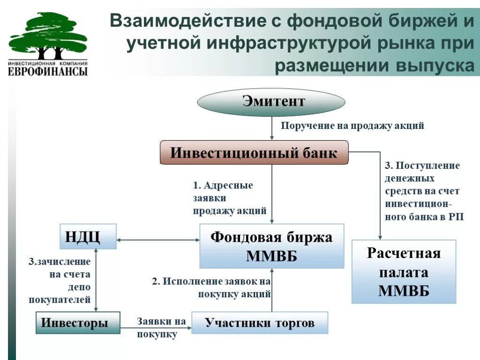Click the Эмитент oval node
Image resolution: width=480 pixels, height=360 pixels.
(271, 102)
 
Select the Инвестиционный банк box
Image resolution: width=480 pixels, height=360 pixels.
(254, 153)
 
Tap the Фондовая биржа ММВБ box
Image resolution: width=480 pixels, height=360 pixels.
(271, 246)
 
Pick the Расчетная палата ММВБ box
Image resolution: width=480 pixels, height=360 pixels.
(404, 272)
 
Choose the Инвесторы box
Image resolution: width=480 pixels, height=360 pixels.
(78, 322)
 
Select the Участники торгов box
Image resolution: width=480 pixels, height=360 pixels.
(260, 322)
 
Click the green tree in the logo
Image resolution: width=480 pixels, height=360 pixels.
(47, 35)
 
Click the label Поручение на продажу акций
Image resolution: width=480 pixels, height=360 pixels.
(352, 126)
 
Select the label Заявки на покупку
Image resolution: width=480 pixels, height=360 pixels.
(160, 328)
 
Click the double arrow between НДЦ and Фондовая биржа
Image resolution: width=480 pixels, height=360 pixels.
(158, 240)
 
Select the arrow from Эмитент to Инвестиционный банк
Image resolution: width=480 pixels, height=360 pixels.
(272, 128)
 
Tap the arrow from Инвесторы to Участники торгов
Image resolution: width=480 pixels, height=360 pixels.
(156, 328)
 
